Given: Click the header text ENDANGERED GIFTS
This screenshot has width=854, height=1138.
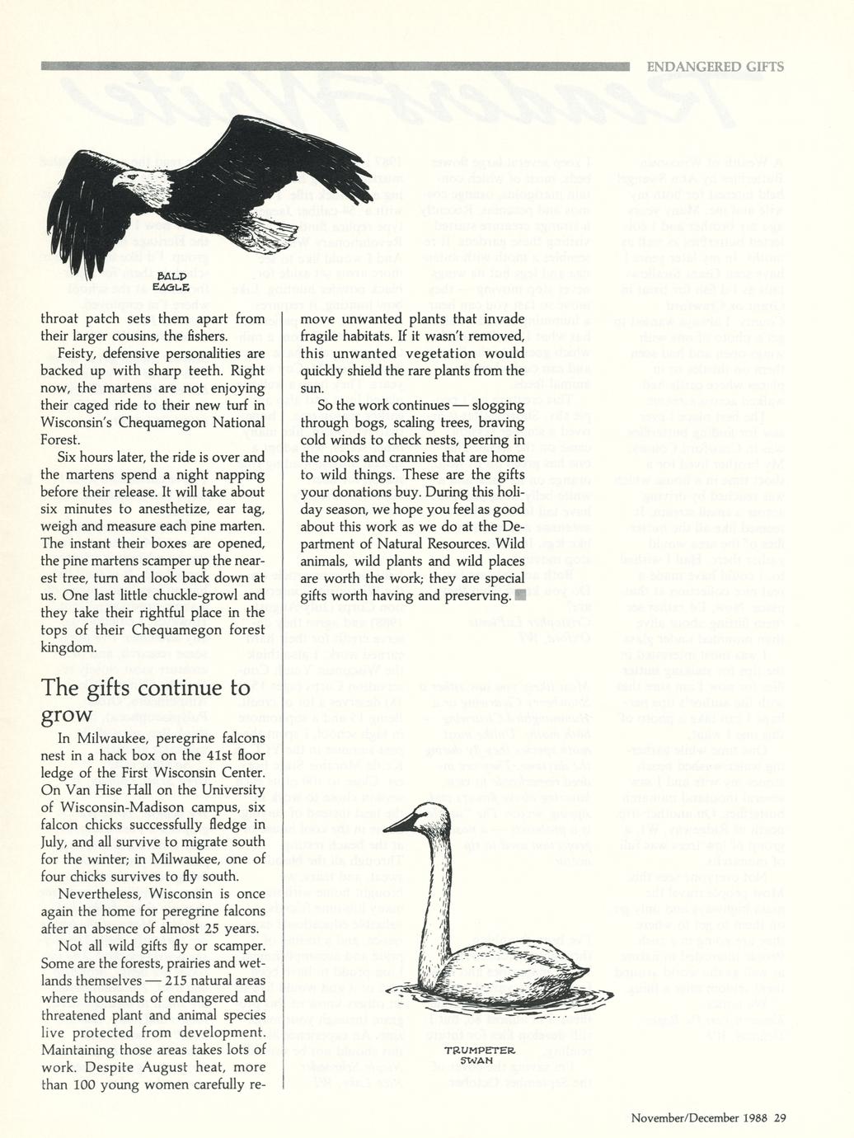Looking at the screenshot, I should (715, 67).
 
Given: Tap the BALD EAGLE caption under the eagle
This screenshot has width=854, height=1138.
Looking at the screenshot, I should (173, 280).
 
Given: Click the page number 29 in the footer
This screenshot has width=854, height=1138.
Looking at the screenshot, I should (780, 1118).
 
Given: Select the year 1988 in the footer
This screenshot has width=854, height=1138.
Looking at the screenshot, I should (755, 1118).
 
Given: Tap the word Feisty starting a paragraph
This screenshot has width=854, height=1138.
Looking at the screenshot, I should (77, 353).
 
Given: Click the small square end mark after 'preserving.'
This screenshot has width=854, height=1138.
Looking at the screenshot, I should (518, 595).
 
